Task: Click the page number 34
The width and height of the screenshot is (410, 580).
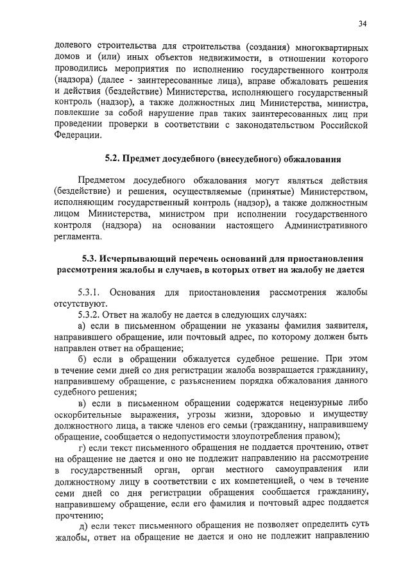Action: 363,24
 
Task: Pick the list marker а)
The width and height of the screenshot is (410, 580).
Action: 83,326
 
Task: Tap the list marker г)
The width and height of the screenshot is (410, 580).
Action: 82,447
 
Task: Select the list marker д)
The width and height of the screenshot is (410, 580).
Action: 83,525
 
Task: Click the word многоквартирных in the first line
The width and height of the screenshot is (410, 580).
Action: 332,48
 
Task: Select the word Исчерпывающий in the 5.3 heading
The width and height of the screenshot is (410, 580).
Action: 142,258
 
